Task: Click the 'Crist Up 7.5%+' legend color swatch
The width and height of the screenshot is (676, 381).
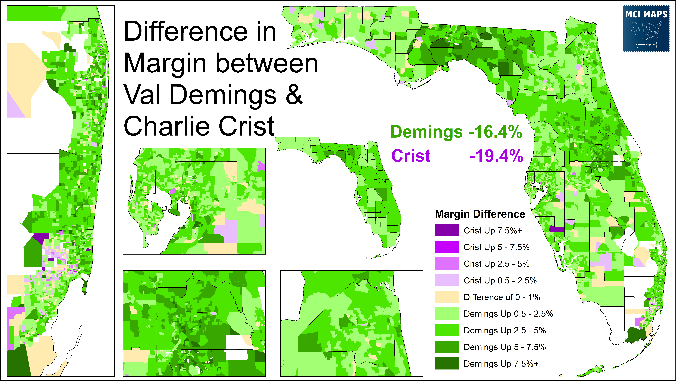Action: [x=447, y=230]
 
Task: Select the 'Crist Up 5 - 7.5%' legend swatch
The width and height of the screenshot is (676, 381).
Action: [x=447, y=247]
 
